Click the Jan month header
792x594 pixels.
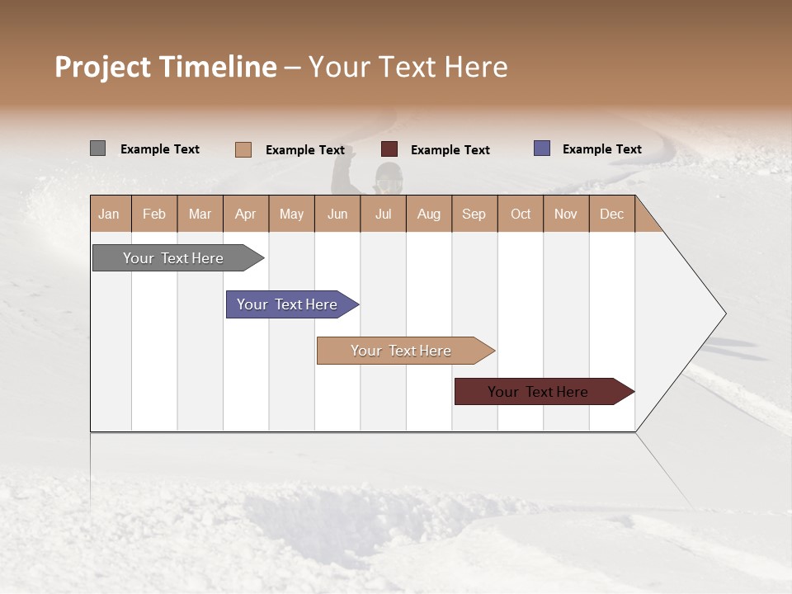click(110, 214)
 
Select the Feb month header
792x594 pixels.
click(154, 214)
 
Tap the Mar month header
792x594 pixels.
click(200, 214)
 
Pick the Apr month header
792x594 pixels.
click(246, 214)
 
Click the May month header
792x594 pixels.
click(291, 214)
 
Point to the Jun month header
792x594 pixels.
click(337, 214)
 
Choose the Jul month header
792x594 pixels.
click(383, 214)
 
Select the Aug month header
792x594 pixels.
click(429, 214)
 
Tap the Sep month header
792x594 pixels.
click(474, 214)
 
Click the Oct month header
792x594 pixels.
click(521, 214)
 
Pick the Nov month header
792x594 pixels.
click(566, 214)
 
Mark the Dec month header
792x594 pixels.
click(611, 214)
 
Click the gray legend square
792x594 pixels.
click(97, 148)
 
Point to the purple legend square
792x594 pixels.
click(542, 148)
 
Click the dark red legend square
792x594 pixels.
click(389, 149)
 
